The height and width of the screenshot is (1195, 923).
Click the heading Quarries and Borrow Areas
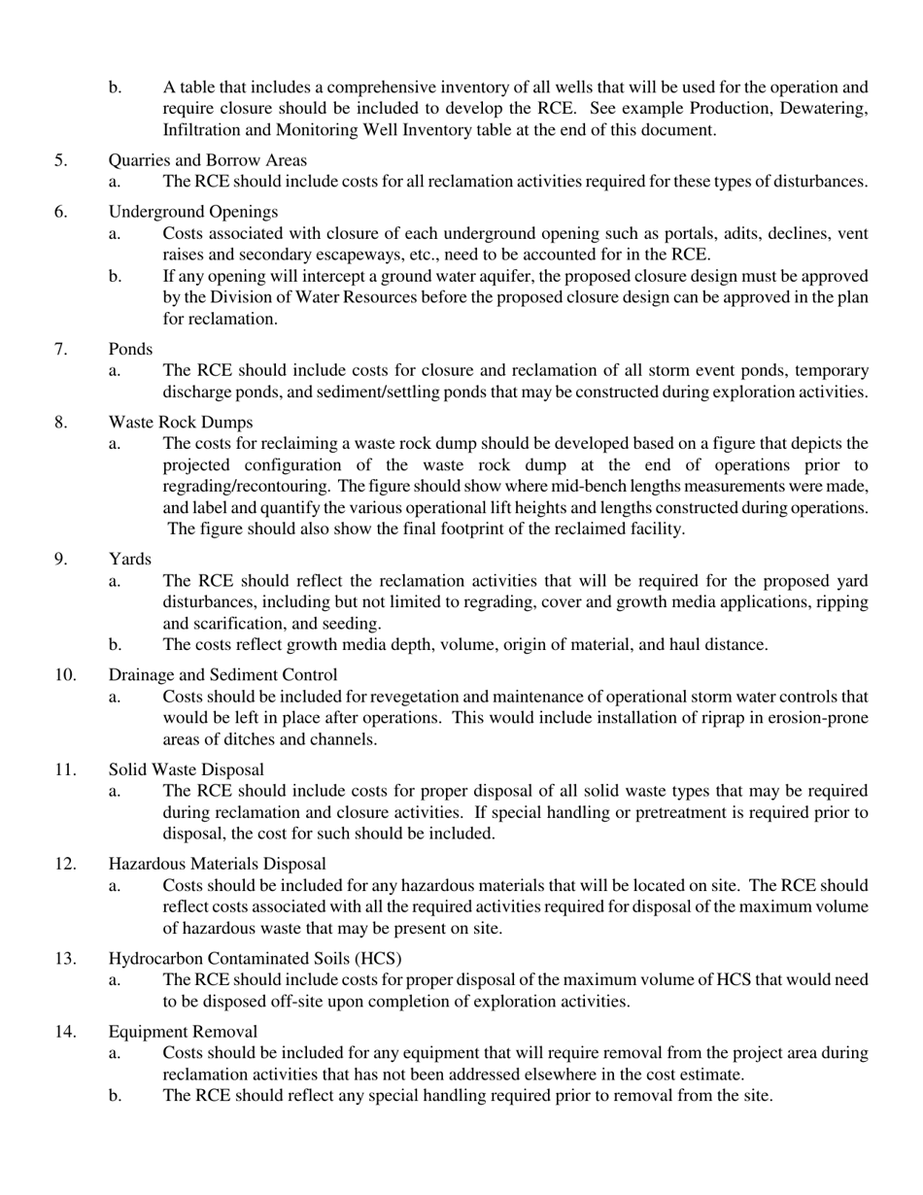click(x=207, y=160)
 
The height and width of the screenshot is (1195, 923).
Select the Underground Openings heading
click(x=192, y=212)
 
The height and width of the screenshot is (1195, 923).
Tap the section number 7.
click(x=61, y=348)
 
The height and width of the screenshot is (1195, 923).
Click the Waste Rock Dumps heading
click(x=181, y=422)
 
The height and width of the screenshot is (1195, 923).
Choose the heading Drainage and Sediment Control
click(x=222, y=675)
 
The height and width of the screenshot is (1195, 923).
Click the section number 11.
click(x=65, y=770)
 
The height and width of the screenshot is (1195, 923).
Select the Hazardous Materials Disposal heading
click(x=217, y=864)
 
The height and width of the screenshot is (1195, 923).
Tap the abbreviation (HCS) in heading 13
click(x=381, y=959)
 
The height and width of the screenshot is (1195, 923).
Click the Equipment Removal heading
click(x=183, y=1032)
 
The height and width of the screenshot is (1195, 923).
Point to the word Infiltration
click(x=205, y=129)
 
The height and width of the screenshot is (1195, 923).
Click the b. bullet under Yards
click(x=115, y=645)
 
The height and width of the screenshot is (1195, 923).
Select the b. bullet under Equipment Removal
click(x=115, y=1096)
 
